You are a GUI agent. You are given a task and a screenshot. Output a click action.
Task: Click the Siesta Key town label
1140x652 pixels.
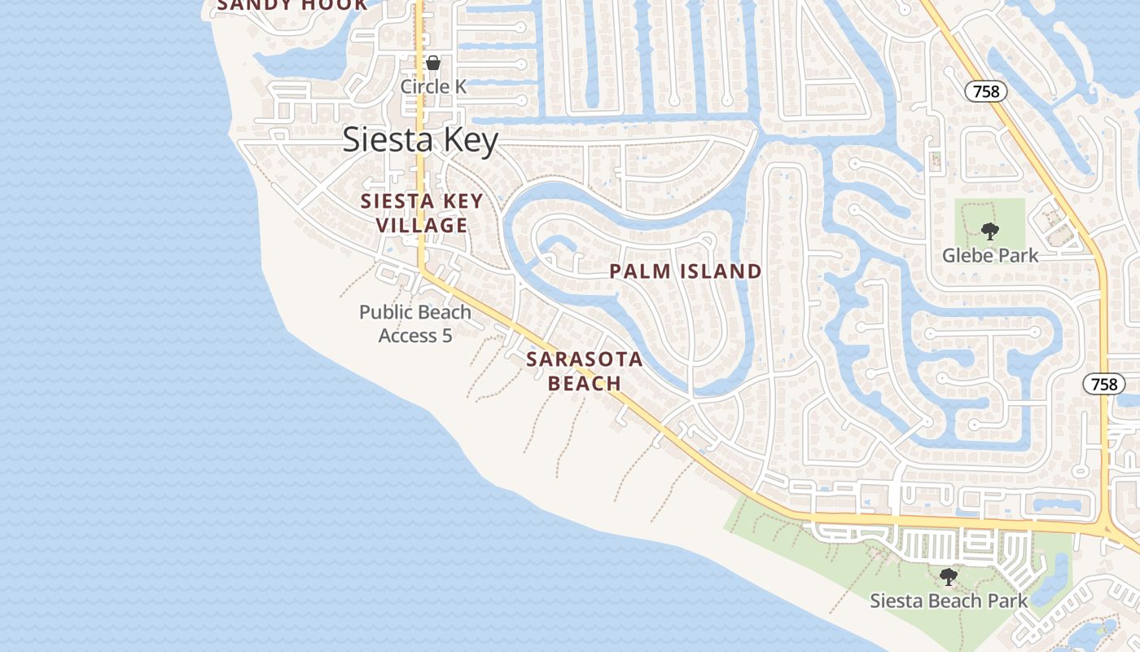point(419,140)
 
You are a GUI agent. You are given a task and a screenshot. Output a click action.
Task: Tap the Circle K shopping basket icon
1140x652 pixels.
point(433,63)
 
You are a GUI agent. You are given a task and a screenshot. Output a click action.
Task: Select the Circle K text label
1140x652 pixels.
point(433,86)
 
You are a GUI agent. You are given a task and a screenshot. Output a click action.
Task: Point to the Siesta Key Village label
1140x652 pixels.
point(422,213)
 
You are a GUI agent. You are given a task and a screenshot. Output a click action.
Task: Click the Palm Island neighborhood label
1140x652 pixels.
point(686,271)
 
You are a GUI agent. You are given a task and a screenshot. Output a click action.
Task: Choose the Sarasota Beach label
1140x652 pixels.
point(584,371)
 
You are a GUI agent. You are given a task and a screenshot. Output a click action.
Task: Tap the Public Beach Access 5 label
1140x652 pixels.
point(415,323)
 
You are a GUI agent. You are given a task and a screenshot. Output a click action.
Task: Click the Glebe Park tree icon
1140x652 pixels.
point(989,231)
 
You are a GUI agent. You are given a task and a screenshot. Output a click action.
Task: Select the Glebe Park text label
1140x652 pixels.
point(990,255)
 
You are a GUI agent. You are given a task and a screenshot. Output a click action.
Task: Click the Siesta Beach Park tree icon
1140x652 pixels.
point(948,578)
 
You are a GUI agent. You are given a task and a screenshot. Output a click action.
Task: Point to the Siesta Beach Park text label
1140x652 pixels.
point(949,601)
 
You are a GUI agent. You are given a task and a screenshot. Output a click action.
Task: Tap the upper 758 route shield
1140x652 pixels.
point(986,91)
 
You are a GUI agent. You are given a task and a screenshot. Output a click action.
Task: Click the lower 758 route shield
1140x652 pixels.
point(1104,385)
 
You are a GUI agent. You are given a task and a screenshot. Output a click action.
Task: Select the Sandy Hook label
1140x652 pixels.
point(292,6)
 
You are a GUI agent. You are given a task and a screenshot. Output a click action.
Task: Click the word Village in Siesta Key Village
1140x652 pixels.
point(422,225)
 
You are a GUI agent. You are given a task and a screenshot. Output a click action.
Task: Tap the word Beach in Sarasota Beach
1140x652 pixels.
point(585,383)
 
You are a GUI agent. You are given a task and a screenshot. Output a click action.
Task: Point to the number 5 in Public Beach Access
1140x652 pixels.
point(446,335)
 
